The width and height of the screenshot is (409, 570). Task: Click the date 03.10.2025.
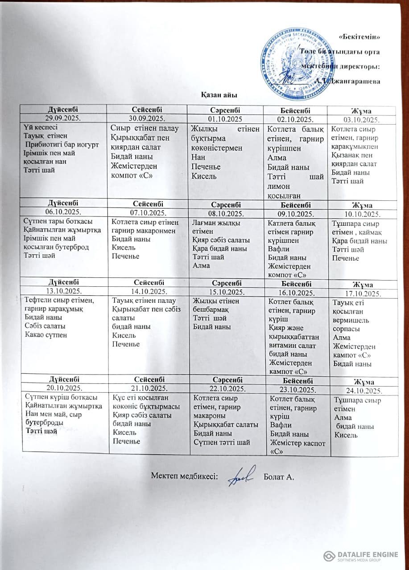[362, 120]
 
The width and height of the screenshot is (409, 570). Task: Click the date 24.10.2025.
[362, 391]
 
